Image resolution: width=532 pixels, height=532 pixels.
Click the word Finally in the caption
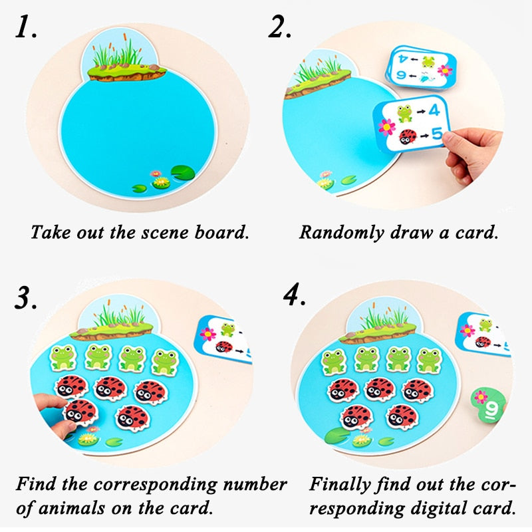341,483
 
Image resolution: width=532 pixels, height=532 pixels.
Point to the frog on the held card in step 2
404,112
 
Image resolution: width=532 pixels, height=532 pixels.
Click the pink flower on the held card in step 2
385,126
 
